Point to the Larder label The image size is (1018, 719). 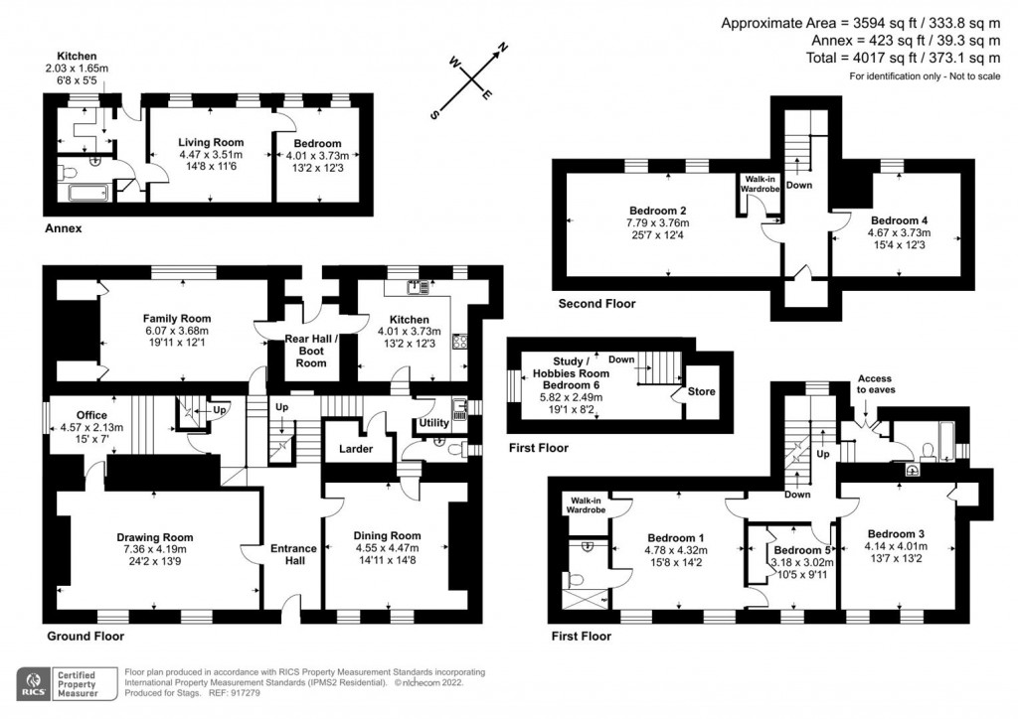coord(356,449)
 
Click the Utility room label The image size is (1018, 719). coord(433,424)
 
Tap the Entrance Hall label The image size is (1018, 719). coord(293,554)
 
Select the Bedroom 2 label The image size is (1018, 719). coord(658,210)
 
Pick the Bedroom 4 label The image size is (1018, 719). coord(898,219)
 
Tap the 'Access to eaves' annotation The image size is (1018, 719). coord(876,384)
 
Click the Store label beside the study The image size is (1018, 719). coord(702,391)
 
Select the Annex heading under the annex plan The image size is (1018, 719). coord(63,228)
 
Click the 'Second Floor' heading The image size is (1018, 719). coord(596,304)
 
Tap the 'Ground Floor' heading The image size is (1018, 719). coord(85,636)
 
